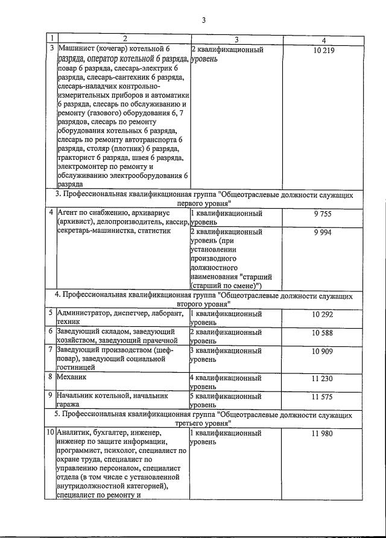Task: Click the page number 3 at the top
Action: tap(204, 21)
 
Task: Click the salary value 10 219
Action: tap(323, 50)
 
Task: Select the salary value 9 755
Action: tap(323, 214)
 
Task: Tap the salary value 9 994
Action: tap(323, 232)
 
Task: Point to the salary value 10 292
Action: tap(323, 314)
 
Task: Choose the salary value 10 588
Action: tap(323, 332)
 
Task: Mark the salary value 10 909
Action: tap(323, 351)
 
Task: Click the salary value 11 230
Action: tap(323, 378)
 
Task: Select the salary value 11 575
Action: tap(323, 397)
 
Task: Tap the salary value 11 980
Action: tap(323, 433)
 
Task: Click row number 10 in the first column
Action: tap(51, 433)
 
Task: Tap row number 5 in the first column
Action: tap(51, 314)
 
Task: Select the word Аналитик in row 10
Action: tap(75, 433)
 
